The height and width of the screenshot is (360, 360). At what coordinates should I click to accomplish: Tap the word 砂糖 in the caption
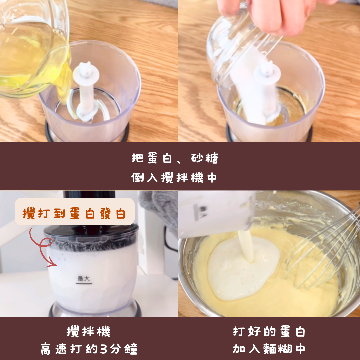pyautogui.click(x=204, y=158)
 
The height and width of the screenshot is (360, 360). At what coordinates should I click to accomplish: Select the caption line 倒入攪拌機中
pyautogui.click(x=174, y=178)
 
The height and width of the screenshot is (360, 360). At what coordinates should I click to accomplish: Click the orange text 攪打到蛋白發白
pyautogui.click(x=74, y=213)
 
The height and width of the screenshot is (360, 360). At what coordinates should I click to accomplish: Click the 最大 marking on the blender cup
pyautogui.click(x=84, y=279)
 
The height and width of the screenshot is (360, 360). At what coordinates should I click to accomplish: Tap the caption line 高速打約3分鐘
pyautogui.click(x=89, y=349)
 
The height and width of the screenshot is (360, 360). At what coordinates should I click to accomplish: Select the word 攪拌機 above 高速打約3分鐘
pyautogui.click(x=89, y=332)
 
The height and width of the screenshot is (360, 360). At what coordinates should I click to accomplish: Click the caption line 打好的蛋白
pyautogui.click(x=269, y=332)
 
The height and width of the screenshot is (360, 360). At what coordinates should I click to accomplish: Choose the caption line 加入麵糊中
pyautogui.click(x=269, y=349)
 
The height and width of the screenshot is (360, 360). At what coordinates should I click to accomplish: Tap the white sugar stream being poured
pyautogui.click(x=248, y=92)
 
